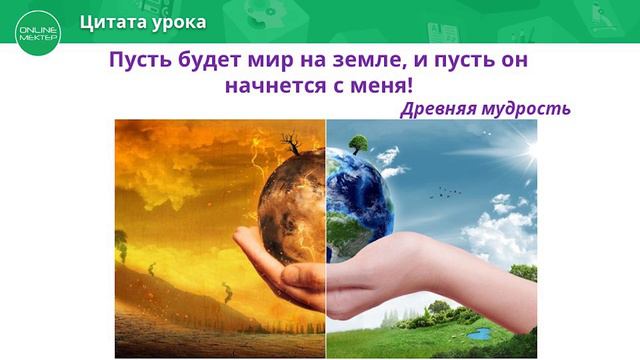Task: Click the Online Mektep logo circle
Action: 38,33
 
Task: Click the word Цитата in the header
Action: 114,22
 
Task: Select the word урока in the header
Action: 179,22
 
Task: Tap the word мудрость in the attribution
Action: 529,108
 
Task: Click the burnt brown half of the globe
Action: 290,200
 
